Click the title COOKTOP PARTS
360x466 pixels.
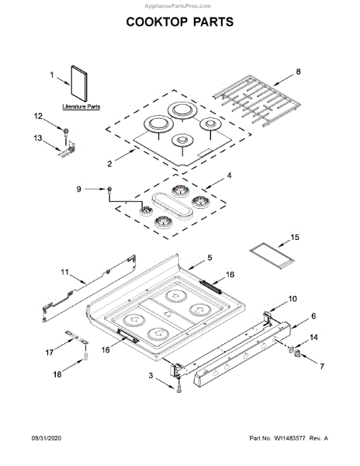coord(180,22)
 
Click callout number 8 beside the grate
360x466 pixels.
coord(298,71)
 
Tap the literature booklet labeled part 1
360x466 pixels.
coord(79,84)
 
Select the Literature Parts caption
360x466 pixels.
coord(81,106)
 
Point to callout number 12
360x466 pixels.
coord(38,116)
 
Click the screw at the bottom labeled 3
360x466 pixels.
coord(179,388)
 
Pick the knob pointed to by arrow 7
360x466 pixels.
coord(297,353)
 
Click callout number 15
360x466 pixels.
coord(294,237)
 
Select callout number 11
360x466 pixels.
coord(64,272)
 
